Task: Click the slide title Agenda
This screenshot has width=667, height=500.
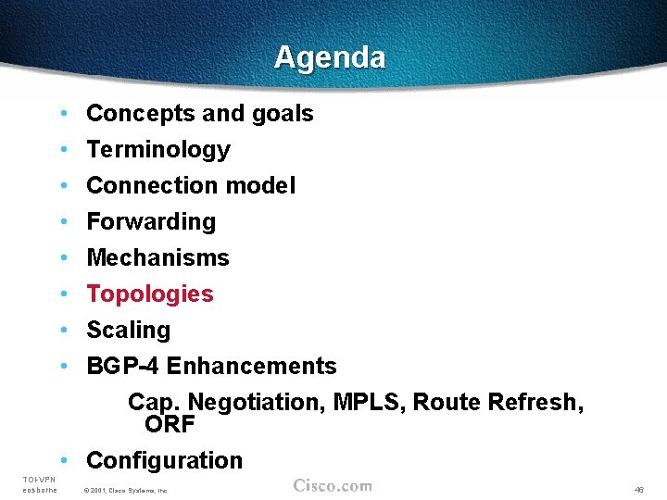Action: tap(330, 57)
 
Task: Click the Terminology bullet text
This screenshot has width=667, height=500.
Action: tap(157, 150)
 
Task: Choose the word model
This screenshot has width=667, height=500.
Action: tap(260, 186)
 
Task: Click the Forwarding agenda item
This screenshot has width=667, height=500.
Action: tap(150, 222)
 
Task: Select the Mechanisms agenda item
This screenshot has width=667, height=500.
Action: tap(157, 258)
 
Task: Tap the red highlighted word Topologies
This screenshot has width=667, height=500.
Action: tap(149, 294)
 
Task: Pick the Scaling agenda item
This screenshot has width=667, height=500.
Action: tap(128, 331)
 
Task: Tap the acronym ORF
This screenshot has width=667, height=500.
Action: tap(170, 424)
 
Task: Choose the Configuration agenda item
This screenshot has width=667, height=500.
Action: tap(164, 460)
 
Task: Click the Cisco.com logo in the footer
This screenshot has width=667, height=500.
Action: tap(333, 485)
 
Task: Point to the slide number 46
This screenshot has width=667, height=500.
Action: tap(639, 489)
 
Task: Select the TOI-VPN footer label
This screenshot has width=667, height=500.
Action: tap(39, 479)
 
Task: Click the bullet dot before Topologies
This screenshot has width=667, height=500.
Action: tap(62, 294)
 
